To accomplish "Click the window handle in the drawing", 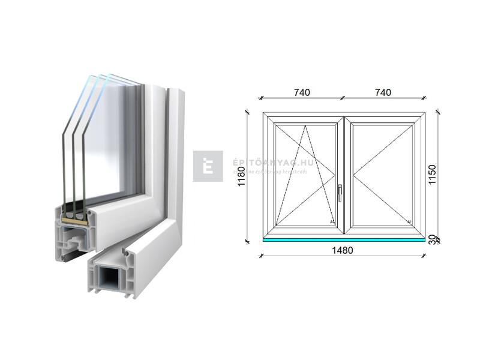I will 339,191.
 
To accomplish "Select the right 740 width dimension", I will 383,92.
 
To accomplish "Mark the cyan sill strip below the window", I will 344,239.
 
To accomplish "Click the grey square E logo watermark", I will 208,166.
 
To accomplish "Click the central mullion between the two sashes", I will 344,174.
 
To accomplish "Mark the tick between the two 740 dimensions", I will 342,97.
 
